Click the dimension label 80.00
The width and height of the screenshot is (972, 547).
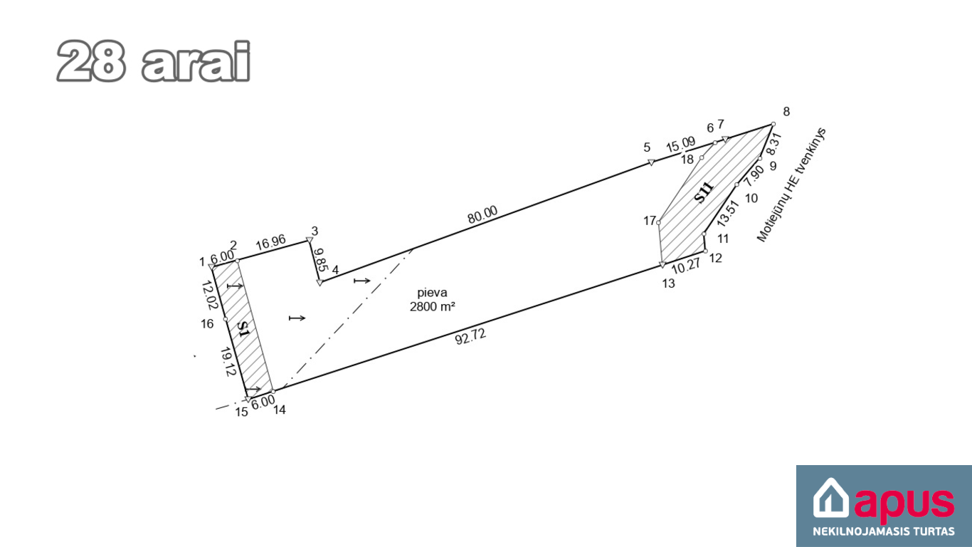pos(482,214)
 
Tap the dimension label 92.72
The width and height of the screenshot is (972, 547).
pos(470,337)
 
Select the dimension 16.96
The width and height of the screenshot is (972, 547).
pos(270,242)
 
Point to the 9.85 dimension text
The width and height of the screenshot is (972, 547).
pos(321,259)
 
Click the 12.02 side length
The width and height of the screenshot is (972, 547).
pos(209,295)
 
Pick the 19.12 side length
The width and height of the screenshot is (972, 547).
pos(228,362)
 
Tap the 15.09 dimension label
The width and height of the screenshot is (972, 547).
pos(681,145)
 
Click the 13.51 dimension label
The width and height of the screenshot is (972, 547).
pos(728,213)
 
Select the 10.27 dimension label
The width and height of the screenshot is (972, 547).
pos(686,266)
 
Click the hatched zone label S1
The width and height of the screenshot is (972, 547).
pos(243,330)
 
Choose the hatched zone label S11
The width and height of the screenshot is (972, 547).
pos(704,192)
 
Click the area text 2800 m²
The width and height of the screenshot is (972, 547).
pos(432,307)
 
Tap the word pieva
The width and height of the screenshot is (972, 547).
pos(432,293)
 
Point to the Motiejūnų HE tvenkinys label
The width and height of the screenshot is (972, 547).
pos(791,184)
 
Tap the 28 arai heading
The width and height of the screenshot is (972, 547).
pos(154,61)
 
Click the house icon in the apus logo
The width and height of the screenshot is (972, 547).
pos(830,498)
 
